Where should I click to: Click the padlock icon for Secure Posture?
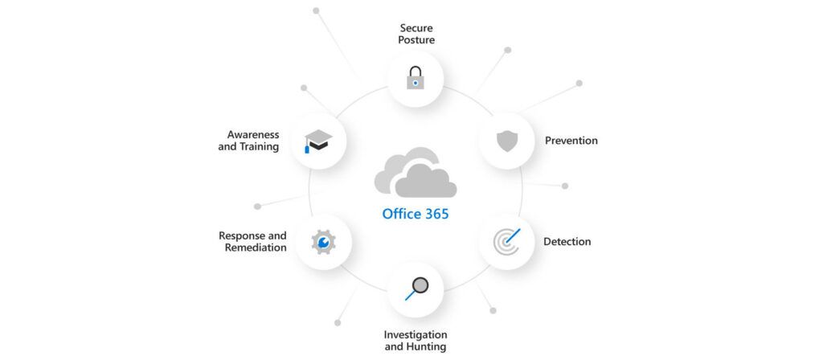[x=415, y=77]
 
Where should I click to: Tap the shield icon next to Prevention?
[x=506, y=141]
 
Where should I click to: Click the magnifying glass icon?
[x=416, y=288]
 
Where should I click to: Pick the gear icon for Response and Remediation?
[x=323, y=241]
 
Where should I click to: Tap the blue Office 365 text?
[x=416, y=214]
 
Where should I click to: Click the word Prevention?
[x=571, y=141]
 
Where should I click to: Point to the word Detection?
[x=567, y=242]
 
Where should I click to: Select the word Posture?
[x=416, y=39]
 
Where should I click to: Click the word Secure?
[x=416, y=27]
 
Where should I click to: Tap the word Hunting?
[x=427, y=347]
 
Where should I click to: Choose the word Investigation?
[x=416, y=334]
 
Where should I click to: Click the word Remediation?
[x=256, y=248]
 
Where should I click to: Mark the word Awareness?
[x=252, y=134]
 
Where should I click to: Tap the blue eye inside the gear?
[x=323, y=241]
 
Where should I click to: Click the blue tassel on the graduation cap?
[x=307, y=148]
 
